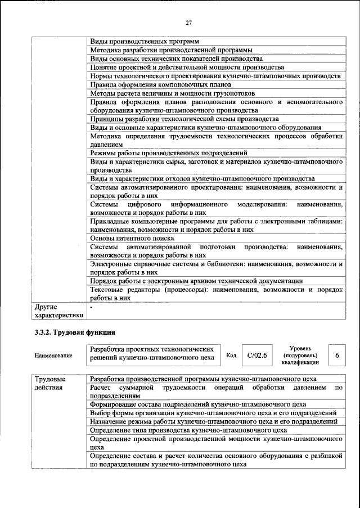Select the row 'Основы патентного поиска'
click(130, 238)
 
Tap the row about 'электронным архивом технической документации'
click(197, 281)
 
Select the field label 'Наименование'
click(53, 356)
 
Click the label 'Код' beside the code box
click(231, 355)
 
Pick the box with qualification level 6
click(336, 356)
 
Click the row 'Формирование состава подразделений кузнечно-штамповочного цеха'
click(197, 404)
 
